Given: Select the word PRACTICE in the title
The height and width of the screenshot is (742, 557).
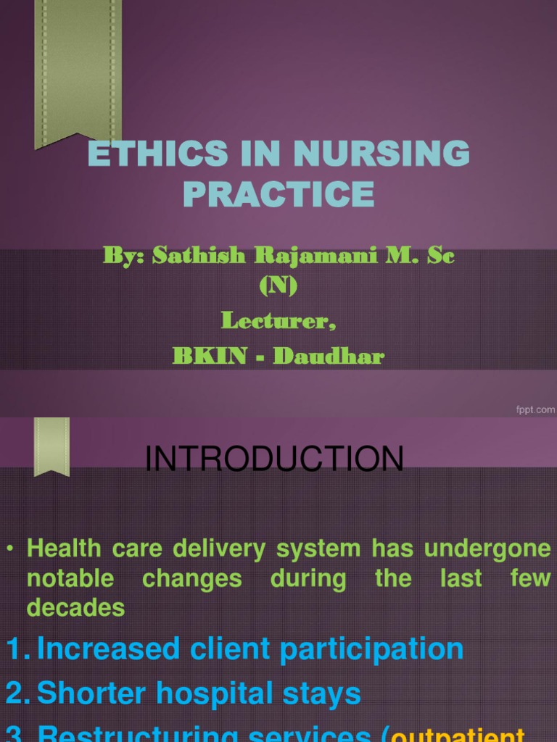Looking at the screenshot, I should [278, 193].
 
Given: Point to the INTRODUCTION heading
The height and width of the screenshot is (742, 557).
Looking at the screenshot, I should [275, 459].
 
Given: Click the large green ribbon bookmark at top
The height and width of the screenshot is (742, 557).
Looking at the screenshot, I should [78, 72].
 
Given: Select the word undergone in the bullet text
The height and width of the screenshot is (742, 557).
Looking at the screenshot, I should [487, 549].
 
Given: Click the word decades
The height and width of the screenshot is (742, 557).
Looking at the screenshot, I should [75, 608].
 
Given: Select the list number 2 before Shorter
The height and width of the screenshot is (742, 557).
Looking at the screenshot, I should [16, 694].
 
